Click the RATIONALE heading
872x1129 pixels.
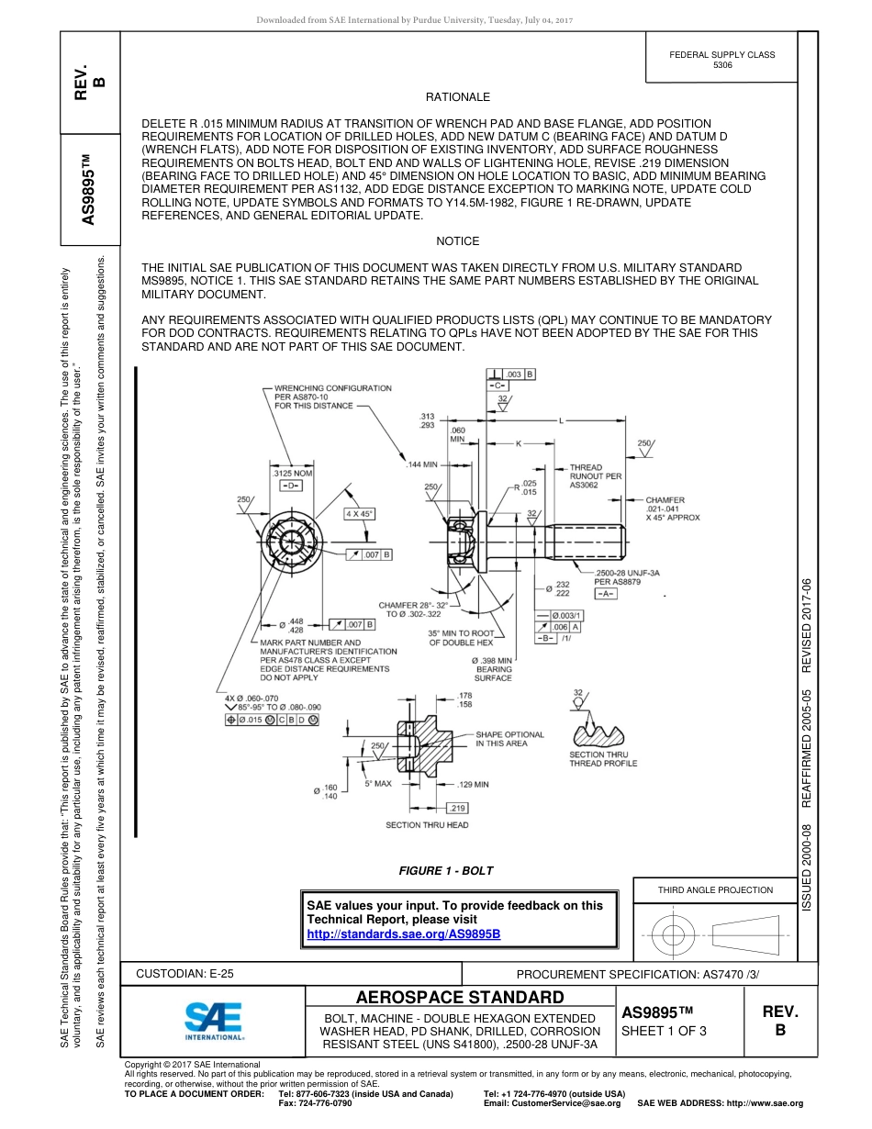(x=458, y=97)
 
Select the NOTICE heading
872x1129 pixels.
(x=458, y=241)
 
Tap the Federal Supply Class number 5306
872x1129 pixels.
(x=722, y=66)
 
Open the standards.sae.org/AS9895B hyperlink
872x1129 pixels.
(x=404, y=933)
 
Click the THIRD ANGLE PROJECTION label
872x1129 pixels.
(x=715, y=889)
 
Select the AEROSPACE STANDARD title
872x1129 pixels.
(x=460, y=997)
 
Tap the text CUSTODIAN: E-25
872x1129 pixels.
(x=184, y=973)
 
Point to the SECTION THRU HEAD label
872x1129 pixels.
(x=428, y=825)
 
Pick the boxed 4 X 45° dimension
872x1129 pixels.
(x=359, y=514)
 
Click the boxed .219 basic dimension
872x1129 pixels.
(x=456, y=808)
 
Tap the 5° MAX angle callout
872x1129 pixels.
(x=378, y=784)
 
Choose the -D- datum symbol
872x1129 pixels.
(x=292, y=485)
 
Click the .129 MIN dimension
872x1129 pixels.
(x=473, y=785)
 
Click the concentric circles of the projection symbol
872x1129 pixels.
(x=675, y=934)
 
